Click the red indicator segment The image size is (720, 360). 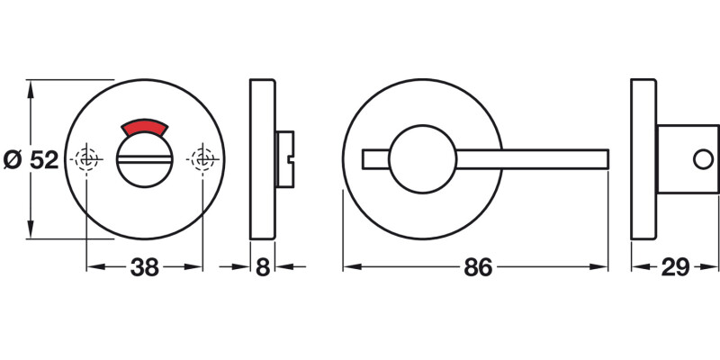(x=144, y=128)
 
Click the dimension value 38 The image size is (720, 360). (x=145, y=267)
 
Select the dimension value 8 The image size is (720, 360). (x=261, y=267)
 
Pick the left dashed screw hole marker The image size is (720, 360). (x=87, y=159)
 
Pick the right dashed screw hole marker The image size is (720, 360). (x=202, y=159)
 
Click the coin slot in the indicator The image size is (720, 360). (x=144, y=161)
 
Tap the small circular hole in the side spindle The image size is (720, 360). (x=699, y=159)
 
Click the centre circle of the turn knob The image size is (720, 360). (x=422, y=158)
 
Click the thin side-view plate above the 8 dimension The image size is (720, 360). (x=261, y=159)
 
